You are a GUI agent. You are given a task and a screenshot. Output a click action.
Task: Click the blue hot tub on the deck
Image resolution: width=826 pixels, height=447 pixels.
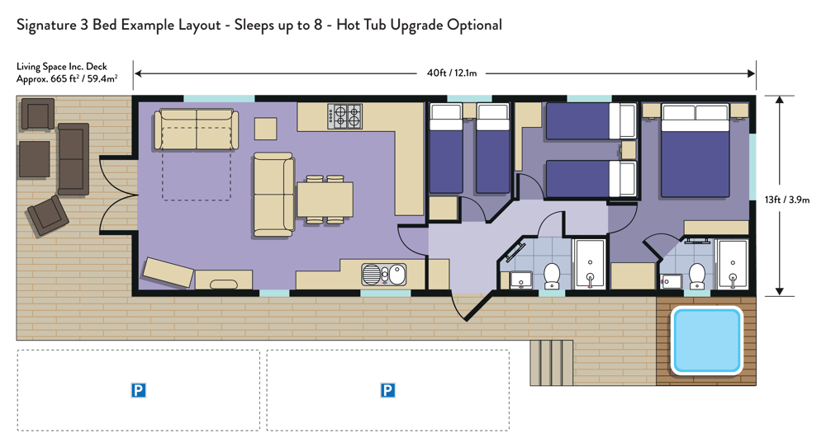[706, 341]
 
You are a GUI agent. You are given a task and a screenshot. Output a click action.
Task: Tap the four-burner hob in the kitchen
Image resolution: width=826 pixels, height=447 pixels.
[345, 116]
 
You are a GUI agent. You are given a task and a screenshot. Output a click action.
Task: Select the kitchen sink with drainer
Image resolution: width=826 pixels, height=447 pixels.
[383, 275]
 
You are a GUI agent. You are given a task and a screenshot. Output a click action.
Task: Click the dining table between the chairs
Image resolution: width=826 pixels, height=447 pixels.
[325, 200]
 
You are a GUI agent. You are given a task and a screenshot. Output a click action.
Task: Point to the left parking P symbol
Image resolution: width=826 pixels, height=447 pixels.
[138, 390]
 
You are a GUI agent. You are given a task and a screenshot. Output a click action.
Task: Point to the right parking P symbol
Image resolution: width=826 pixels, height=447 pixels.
[387, 390]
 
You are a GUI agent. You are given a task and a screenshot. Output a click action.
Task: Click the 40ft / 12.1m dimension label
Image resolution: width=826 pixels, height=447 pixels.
[452, 73]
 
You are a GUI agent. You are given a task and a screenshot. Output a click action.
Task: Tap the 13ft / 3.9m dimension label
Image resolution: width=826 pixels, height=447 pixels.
[787, 200]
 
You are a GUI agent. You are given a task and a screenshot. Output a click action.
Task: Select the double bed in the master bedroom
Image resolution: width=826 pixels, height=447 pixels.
[695, 150]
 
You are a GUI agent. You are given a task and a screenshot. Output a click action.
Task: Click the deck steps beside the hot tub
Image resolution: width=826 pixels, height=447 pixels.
[552, 363]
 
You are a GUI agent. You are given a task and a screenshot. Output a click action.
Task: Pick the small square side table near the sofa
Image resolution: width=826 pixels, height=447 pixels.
[265, 129]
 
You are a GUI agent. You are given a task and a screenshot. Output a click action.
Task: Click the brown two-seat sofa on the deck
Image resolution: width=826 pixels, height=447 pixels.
[74, 159]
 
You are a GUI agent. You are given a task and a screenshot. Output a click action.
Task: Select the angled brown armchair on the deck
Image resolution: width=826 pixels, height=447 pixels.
[48, 215]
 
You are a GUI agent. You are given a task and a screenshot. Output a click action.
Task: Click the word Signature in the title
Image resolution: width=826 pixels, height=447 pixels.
[46, 26]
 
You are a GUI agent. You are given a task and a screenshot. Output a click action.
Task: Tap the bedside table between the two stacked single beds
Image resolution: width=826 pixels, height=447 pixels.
[628, 150]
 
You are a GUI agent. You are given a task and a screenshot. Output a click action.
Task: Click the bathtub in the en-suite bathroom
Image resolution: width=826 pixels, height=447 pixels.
[733, 265]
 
